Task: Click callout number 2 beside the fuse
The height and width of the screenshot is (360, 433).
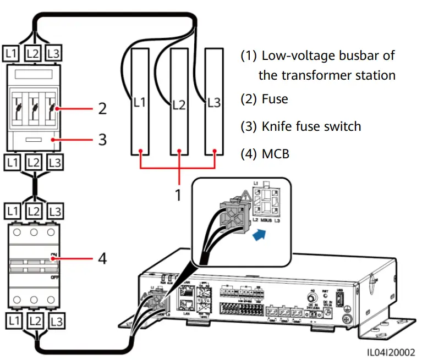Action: [102, 108]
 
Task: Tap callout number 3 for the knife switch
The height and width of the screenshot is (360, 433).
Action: [102, 139]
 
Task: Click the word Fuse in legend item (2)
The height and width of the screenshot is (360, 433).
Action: [275, 99]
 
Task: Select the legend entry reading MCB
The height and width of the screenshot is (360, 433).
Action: [276, 153]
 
